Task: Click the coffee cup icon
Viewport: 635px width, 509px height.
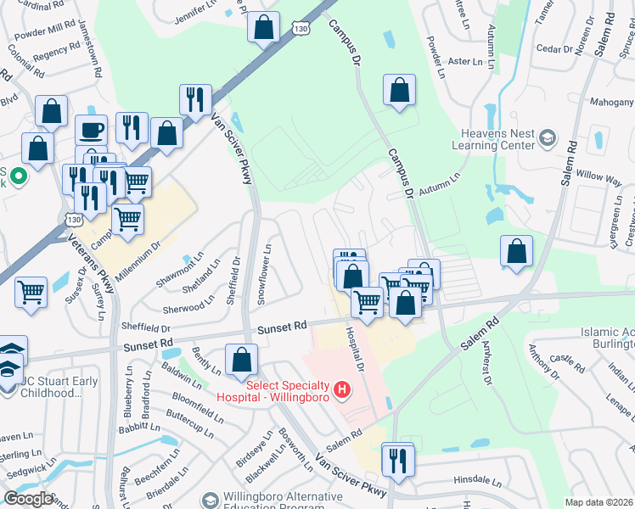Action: [x=91, y=131]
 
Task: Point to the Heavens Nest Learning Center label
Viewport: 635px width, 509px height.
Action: [x=497, y=139]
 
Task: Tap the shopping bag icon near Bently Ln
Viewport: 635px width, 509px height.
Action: [x=242, y=359]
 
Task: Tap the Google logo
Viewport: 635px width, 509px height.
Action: [x=28, y=499]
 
